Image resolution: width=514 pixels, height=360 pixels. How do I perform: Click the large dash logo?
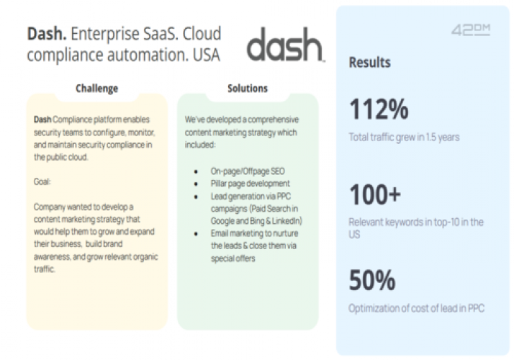click(285, 48)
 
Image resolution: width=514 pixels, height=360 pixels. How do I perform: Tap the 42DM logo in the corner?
click(471, 30)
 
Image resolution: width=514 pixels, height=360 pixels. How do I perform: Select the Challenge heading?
click(96, 89)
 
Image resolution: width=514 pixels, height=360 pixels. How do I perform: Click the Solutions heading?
click(247, 89)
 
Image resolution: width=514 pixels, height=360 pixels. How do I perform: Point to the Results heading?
click(369, 63)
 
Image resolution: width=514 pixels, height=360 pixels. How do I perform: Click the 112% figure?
click(379, 110)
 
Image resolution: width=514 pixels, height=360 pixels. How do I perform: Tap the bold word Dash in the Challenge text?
click(42, 118)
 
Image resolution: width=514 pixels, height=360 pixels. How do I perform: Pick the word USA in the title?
click(202, 54)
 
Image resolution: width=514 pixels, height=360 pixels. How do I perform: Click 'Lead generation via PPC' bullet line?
click(249, 196)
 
